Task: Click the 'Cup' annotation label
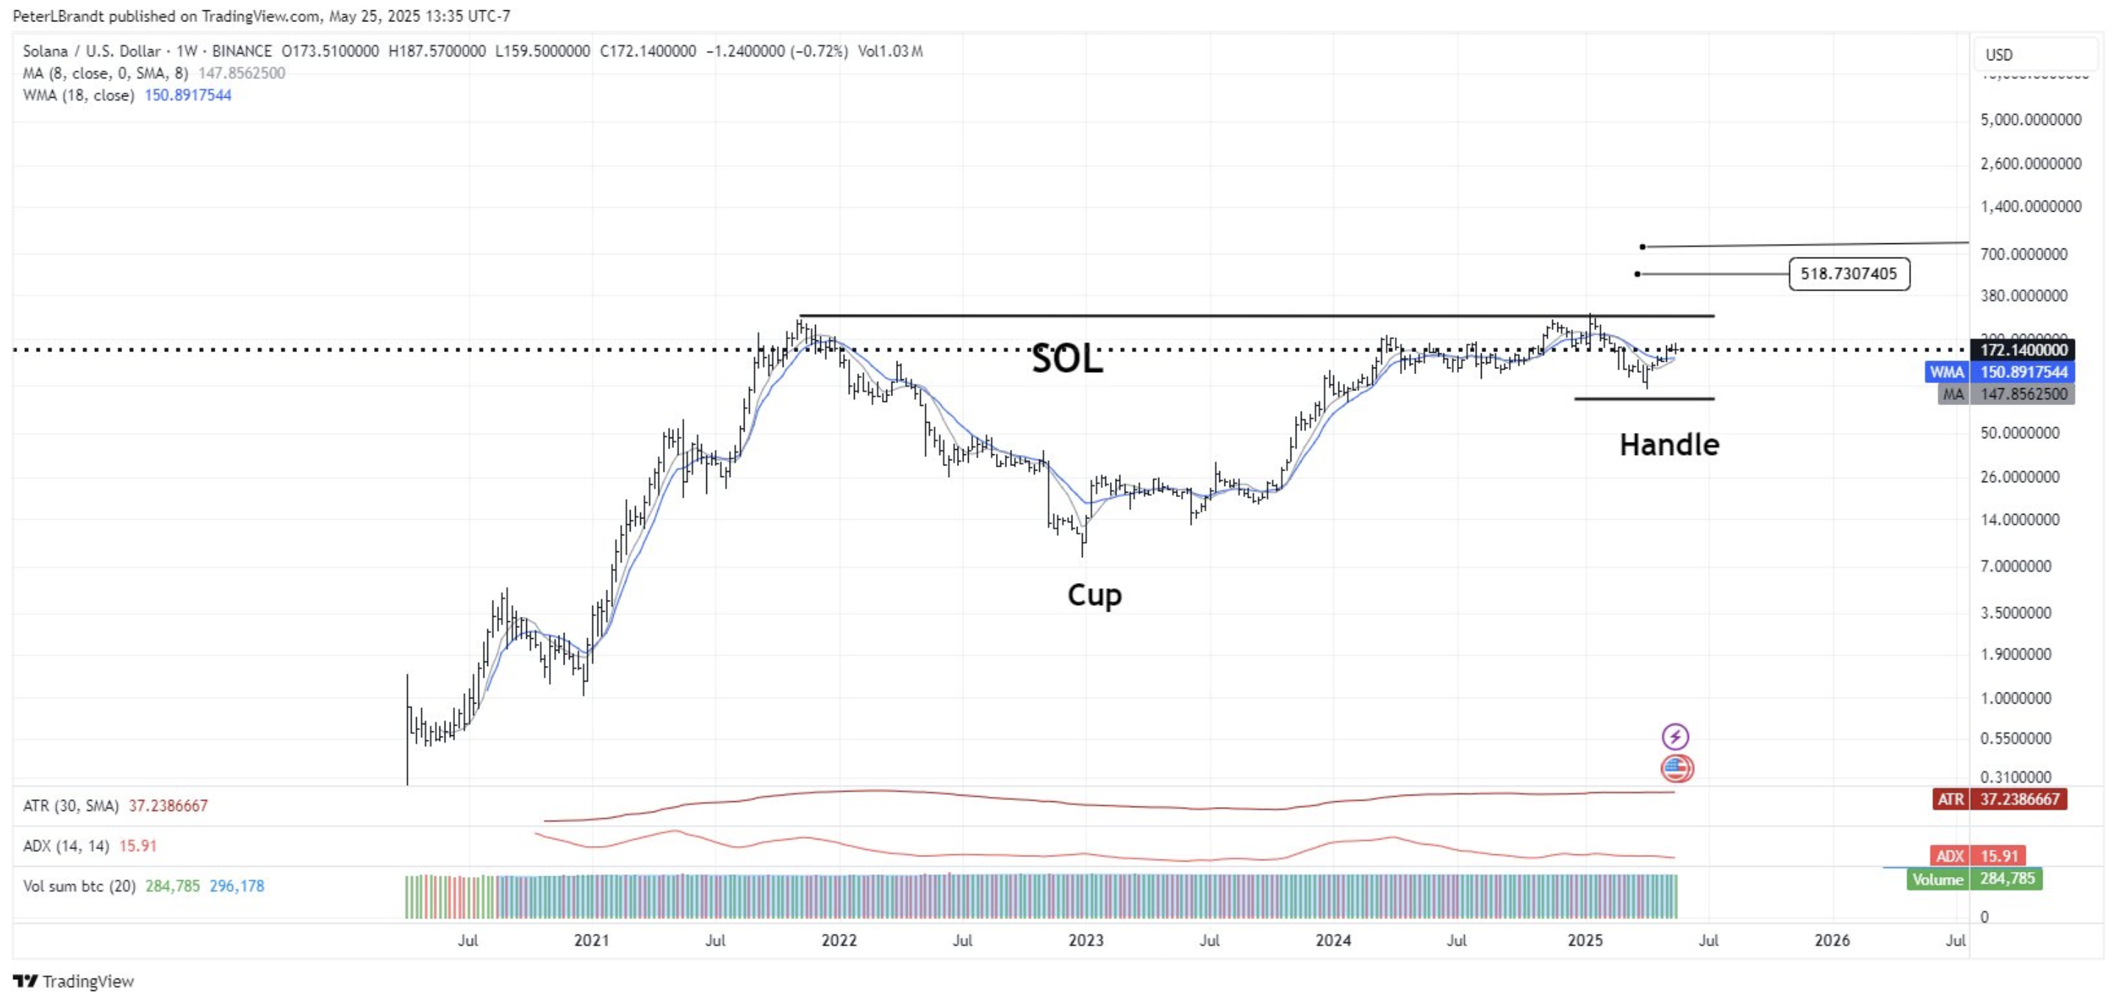1094,595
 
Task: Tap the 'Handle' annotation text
1668,445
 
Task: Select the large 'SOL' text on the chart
1066,359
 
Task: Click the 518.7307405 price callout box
1848,273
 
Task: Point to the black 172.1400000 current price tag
2021,350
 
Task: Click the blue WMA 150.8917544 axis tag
1999,372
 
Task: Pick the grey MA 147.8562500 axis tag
2006,394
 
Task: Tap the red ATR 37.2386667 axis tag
1999,799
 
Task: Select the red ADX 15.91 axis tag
1978,856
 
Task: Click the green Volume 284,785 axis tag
1974,878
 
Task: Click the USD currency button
1999,55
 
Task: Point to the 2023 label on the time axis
1085,940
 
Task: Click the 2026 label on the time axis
1832,940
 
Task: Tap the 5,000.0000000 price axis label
2031,120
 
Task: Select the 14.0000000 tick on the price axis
2019,520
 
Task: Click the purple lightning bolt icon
1675,737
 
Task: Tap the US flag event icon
1676,769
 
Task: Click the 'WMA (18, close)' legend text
79,96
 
